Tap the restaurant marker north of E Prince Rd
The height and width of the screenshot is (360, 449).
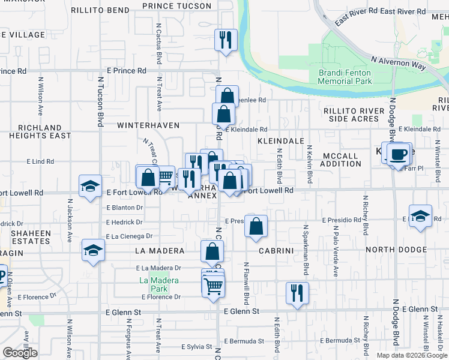pyautogui.click(x=226, y=40)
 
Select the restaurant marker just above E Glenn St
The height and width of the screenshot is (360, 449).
pyautogui.click(x=297, y=293)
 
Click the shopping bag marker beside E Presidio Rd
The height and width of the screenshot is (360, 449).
pyautogui.click(x=256, y=226)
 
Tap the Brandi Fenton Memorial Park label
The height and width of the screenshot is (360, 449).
pyautogui.click(x=345, y=77)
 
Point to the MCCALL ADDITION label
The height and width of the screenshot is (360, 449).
pyautogui.click(x=340, y=160)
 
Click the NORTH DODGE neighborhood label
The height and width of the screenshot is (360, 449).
pyautogui.click(x=396, y=250)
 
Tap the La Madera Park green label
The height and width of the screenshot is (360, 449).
pyautogui.click(x=152, y=284)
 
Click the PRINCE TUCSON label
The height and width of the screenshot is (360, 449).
pyautogui.click(x=177, y=6)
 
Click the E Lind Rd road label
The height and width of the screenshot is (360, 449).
pyautogui.click(x=41, y=161)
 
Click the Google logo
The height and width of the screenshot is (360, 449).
pyautogui.click(x=20, y=353)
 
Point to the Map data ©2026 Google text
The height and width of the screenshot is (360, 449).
pyautogui.click(x=412, y=355)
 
